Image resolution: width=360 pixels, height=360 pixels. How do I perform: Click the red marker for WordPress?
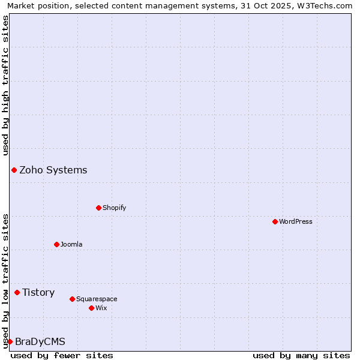[x=275, y=221]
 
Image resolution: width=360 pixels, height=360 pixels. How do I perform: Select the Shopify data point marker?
[x=98, y=208]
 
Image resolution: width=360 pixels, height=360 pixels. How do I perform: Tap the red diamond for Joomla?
[x=56, y=244]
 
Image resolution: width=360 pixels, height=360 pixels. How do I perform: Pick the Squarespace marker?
[x=72, y=299]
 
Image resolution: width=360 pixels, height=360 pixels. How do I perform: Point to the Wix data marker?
[x=91, y=308]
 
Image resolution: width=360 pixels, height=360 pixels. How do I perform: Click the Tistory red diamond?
[x=17, y=292]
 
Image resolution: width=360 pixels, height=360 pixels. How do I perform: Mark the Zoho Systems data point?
[x=14, y=170]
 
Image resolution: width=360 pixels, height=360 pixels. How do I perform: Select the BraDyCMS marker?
[x=10, y=341]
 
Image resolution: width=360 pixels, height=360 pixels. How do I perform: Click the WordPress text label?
[x=296, y=221]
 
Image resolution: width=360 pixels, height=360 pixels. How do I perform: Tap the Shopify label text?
[x=114, y=208]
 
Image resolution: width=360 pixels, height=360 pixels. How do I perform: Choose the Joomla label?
[x=71, y=244]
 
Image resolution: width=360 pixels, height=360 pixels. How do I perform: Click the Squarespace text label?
[x=97, y=299]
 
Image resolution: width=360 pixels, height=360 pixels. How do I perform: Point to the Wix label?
[x=101, y=308]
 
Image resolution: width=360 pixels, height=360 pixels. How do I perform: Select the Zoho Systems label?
[x=53, y=170]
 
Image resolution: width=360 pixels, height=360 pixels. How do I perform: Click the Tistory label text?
[x=38, y=292]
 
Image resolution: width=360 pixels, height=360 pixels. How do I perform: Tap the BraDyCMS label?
[x=40, y=341]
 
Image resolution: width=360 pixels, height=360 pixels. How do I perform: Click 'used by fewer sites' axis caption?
[x=62, y=355]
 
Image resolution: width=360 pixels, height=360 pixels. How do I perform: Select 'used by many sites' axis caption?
[x=301, y=355]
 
